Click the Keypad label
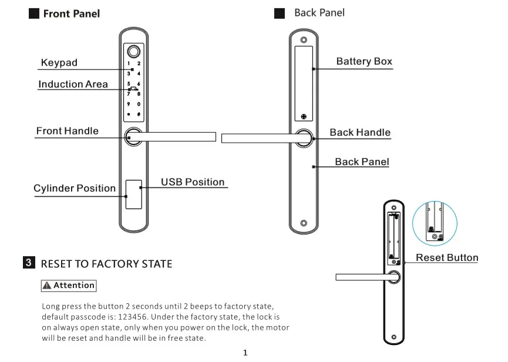(59, 63)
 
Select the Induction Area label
(73, 84)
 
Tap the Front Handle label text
(67, 131)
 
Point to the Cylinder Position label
(75, 188)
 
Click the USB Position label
(193, 182)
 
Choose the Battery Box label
(364, 61)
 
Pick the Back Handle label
(360, 132)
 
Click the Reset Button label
(447, 257)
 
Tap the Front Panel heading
(71, 14)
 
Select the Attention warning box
(68, 286)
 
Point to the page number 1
(245, 353)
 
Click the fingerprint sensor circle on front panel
(134, 51)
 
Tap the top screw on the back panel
(304, 41)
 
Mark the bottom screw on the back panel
(304, 223)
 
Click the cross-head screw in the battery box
(304, 117)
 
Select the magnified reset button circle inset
(435, 223)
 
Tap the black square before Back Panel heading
(280, 13)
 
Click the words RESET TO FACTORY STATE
(106, 264)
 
